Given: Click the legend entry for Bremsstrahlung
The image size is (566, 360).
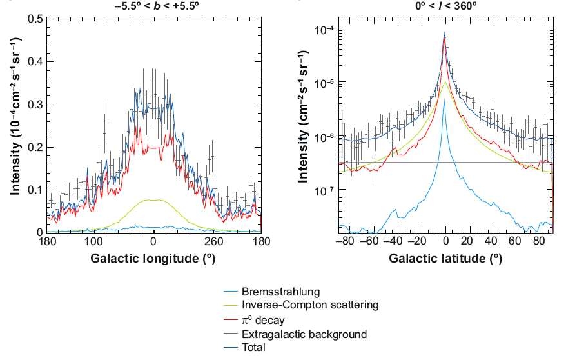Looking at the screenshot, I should [280, 292].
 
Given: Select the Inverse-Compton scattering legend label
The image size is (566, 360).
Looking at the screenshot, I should [309, 305].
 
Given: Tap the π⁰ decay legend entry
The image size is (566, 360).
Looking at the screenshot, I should [263, 320].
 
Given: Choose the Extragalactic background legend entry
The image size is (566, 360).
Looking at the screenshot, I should [304, 334].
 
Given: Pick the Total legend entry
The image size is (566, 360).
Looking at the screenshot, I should [253, 347].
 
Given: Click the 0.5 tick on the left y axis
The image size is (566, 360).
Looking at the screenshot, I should [35, 19].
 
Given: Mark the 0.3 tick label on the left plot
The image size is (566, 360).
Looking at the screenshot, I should [35, 105].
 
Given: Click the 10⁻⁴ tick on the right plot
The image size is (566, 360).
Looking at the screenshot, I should [322, 30].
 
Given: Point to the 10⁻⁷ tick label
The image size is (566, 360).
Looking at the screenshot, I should [322, 191].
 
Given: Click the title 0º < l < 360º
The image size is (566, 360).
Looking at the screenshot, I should [445, 5].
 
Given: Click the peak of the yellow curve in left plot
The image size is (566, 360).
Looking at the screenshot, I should [153, 200].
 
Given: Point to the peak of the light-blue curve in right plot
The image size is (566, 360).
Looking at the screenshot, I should [445, 100].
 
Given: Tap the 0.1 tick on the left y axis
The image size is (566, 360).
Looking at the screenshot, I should [35, 190].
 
